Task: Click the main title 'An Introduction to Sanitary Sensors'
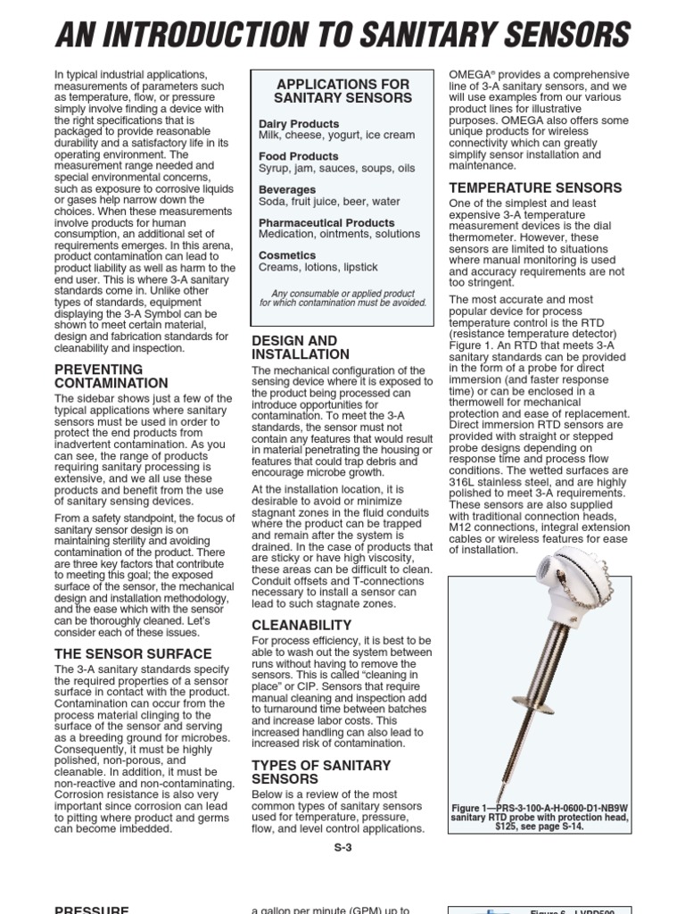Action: pos(342,35)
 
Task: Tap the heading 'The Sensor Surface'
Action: pos(133,653)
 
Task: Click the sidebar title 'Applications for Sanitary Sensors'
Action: pos(342,91)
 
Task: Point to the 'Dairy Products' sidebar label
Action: pos(299,123)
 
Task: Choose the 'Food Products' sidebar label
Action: pos(298,156)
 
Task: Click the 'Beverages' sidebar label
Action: pos(287,189)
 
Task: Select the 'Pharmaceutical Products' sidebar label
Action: pos(326,222)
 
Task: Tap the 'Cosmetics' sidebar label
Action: pos(287,255)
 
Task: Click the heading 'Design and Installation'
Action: pos(294,347)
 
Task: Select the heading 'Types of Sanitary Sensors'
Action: pos(321,772)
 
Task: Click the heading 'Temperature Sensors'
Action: pos(535,187)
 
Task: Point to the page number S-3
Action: pos(342,848)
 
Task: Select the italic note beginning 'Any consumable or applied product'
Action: pos(342,297)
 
